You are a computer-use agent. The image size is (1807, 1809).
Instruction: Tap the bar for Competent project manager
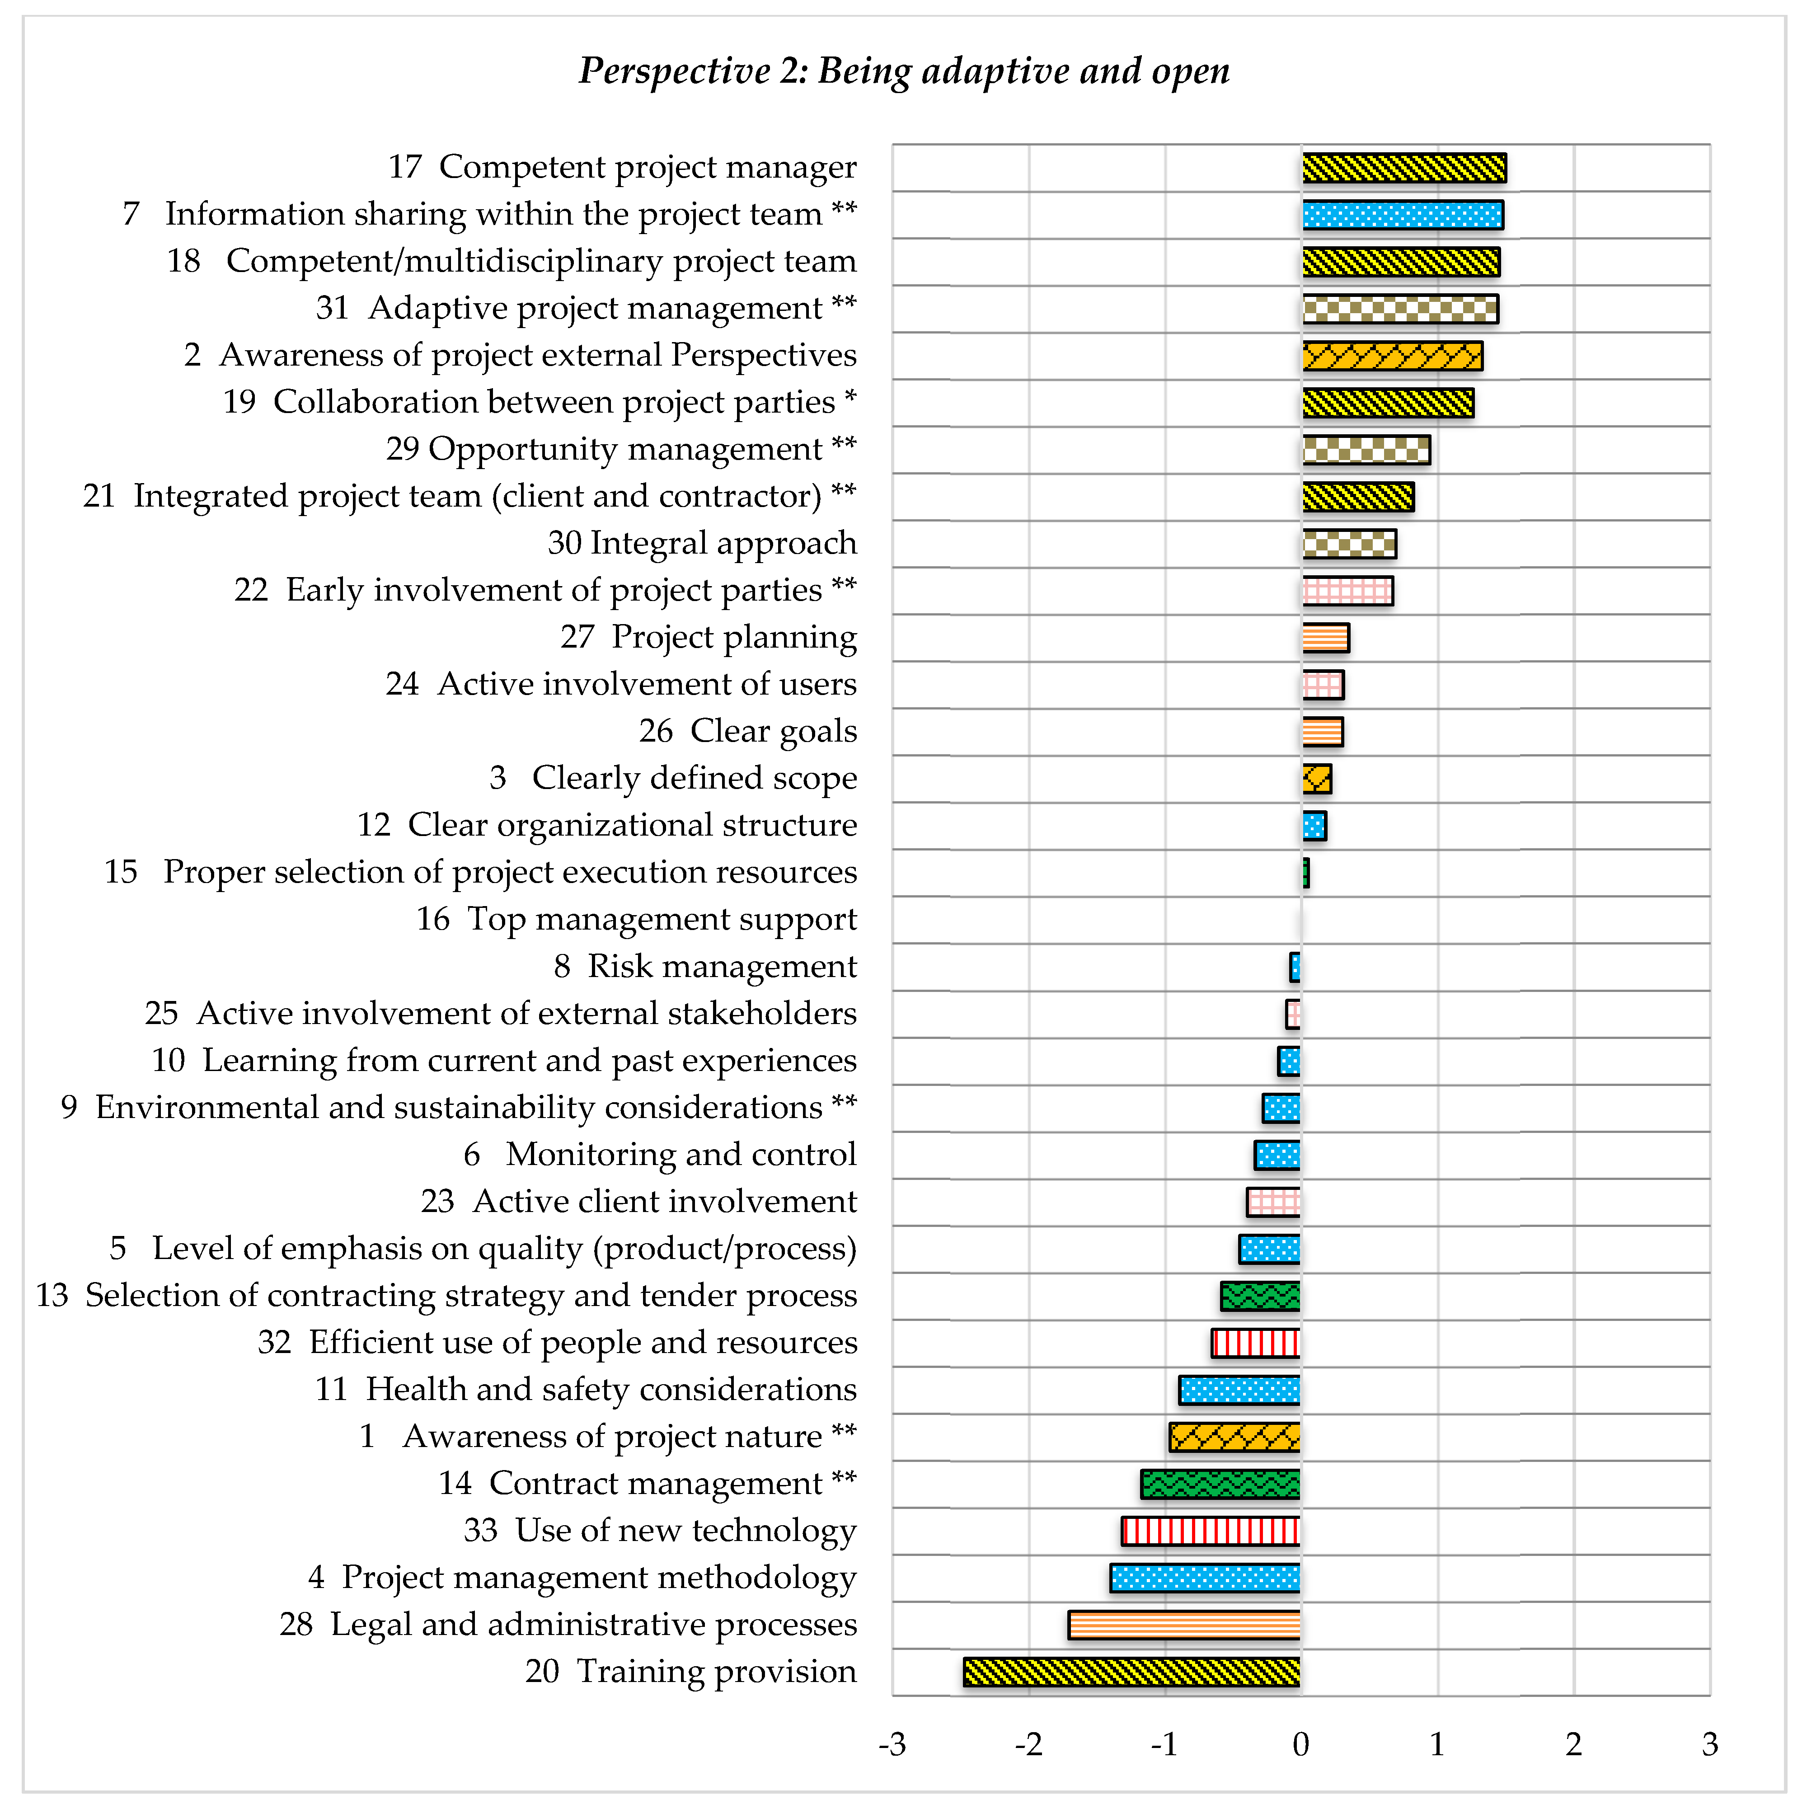tap(1403, 169)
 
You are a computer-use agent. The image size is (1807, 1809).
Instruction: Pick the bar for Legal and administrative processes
tap(1184, 1625)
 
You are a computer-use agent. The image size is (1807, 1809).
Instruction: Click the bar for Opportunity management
tap(1366, 451)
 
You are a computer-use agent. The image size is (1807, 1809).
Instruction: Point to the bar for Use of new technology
tap(1211, 1531)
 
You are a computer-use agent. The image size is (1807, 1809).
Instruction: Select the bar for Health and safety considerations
tap(1239, 1390)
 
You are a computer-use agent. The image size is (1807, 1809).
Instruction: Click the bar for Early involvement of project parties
tap(1347, 591)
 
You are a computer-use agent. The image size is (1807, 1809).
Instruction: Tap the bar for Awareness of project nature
tap(1235, 1436)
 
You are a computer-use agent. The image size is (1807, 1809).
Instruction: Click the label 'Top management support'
tap(661, 920)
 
